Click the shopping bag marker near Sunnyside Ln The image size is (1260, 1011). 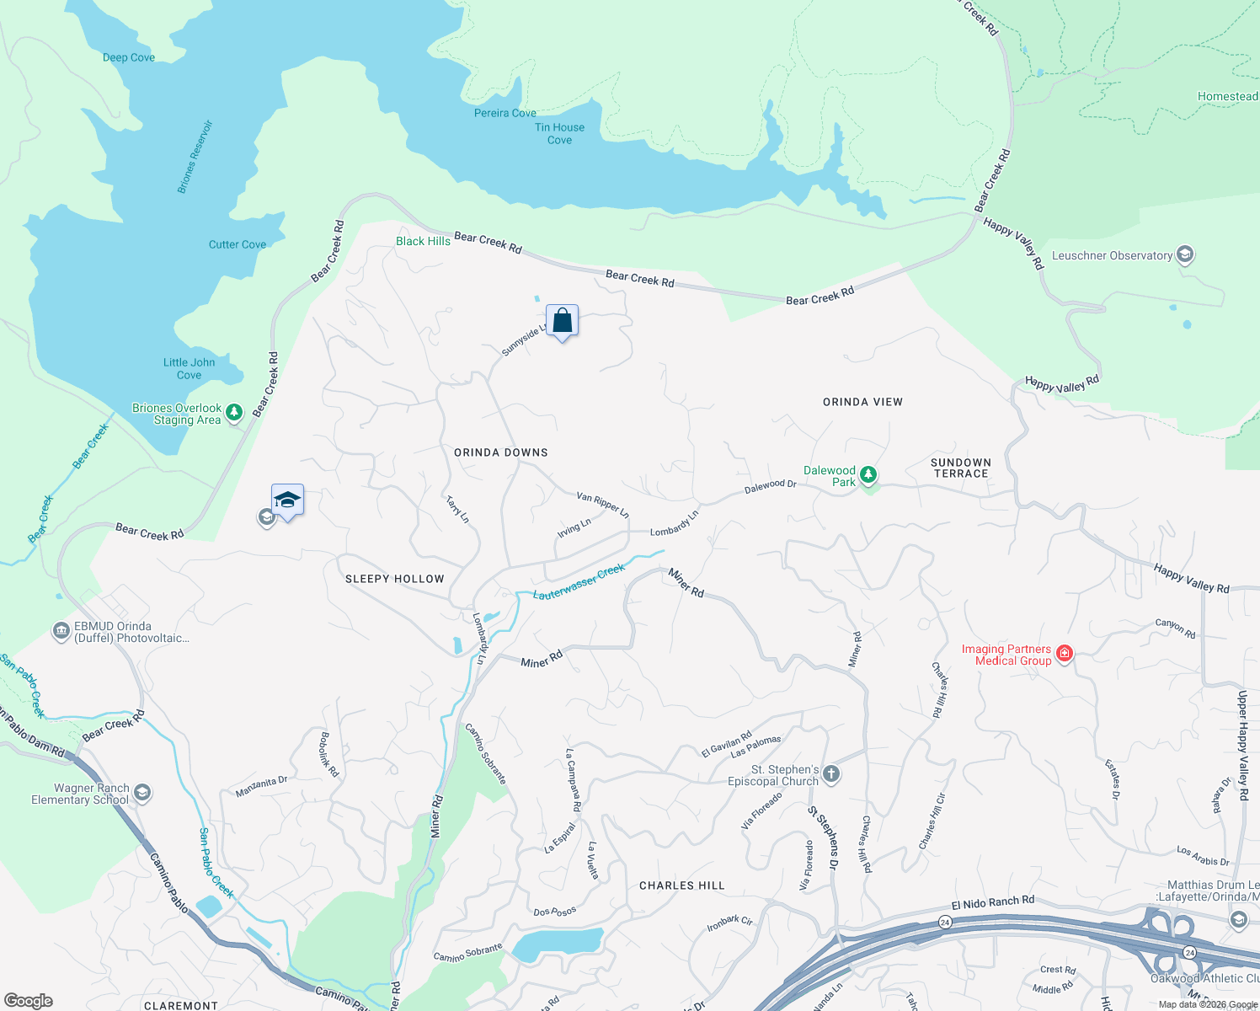click(562, 321)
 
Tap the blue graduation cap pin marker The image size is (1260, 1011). click(287, 500)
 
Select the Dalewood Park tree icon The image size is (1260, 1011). click(868, 475)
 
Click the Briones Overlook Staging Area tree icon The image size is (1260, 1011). click(235, 412)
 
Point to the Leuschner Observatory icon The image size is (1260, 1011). click(1185, 254)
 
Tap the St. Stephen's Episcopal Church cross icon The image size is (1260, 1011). click(831, 774)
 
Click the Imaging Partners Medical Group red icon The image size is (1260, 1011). click(1065, 654)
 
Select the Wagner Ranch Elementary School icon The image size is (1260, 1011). click(142, 793)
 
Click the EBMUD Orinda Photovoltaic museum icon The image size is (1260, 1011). click(61, 631)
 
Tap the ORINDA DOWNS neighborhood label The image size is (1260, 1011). click(501, 452)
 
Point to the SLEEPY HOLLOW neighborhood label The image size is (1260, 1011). click(394, 579)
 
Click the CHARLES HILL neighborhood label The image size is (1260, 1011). click(681, 885)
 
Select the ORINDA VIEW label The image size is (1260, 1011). click(862, 402)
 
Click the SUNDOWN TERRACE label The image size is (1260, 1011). click(960, 468)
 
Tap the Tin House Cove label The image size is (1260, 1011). click(559, 134)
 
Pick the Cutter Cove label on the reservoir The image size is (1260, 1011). click(238, 244)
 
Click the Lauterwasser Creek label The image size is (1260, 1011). click(579, 582)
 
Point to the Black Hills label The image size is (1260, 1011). click(423, 241)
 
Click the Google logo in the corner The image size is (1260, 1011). click(29, 1000)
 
